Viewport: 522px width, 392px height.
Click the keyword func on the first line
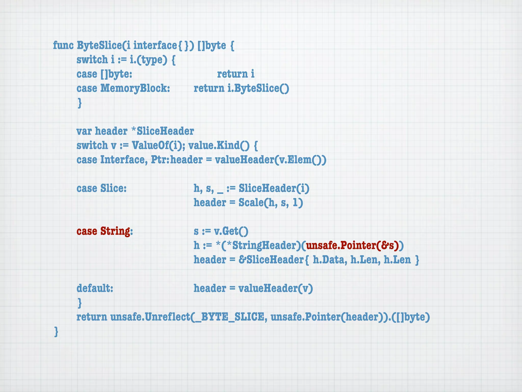pos(63,46)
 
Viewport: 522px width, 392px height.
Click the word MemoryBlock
pos(135,88)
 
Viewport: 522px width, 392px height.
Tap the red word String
pos(115,231)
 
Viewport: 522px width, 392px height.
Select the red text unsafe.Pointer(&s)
pos(353,246)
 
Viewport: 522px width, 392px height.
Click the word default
pos(95,288)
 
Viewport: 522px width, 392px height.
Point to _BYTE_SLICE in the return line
pos(232,317)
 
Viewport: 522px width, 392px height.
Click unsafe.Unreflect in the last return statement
pos(150,317)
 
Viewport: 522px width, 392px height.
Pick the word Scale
pos(251,203)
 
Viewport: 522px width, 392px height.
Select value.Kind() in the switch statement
pos(219,145)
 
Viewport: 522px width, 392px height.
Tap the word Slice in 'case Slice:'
pos(113,188)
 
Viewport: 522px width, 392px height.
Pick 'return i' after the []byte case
pos(236,74)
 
